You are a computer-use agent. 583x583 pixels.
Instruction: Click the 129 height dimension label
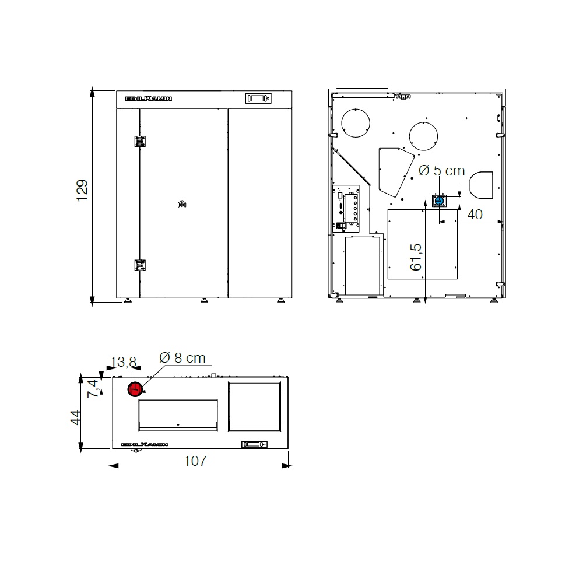[82, 191]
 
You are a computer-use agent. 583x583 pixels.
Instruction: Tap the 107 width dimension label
[195, 461]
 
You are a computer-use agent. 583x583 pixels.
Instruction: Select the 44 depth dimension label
[76, 417]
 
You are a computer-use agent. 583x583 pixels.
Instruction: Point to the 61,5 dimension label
[416, 257]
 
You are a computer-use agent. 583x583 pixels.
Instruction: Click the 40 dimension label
[475, 214]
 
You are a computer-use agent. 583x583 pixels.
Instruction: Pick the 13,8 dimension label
[124, 361]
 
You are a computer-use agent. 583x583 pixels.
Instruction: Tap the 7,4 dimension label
[93, 388]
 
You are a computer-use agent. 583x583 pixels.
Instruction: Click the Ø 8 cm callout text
[182, 358]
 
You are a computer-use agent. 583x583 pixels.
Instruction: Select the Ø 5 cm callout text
[442, 171]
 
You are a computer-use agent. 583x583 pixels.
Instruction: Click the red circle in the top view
[135, 389]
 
